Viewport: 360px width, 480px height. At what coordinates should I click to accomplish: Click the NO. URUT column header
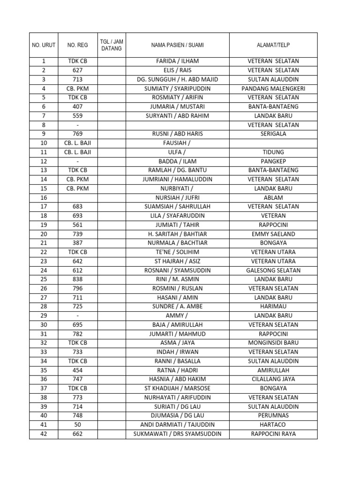pyautogui.click(x=44, y=45)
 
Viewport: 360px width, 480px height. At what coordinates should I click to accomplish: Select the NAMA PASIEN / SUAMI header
pyautogui.click(x=177, y=45)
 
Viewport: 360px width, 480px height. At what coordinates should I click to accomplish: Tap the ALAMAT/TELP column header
pyautogui.click(x=273, y=45)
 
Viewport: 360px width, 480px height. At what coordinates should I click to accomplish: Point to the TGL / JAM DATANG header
pyautogui.click(x=112, y=45)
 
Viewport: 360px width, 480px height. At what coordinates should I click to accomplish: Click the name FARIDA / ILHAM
pyautogui.click(x=177, y=61)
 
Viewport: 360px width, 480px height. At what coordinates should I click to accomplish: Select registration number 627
pyautogui.click(x=77, y=70)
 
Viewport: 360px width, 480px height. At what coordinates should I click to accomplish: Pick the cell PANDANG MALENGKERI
pyautogui.click(x=273, y=89)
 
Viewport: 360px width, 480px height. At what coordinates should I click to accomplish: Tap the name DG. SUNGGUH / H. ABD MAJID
pyautogui.click(x=177, y=79)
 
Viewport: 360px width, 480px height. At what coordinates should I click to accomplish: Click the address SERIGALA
pyautogui.click(x=273, y=134)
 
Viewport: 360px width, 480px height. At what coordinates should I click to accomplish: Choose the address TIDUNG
pyautogui.click(x=273, y=152)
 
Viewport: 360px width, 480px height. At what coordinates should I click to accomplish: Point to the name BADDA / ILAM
pyautogui.click(x=177, y=161)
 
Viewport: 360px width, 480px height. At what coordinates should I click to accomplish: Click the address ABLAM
pyautogui.click(x=273, y=197)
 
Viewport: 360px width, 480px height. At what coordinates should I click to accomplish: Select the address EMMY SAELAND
pyautogui.click(x=273, y=234)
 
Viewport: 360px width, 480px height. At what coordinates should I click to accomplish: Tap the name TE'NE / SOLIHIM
pyautogui.click(x=177, y=252)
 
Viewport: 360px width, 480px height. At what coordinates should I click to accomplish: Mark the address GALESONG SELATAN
pyautogui.click(x=273, y=270)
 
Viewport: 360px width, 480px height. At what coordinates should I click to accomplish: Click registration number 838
pyautogui.click(x=77, y=279)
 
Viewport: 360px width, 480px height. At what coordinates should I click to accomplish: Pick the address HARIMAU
pyautogui.click(x=273, y=307)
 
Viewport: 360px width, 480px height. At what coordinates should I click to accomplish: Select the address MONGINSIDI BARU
pyautogui.click(x=273, y=343)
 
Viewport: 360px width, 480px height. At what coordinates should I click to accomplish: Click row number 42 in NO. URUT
pyautogui.click(x=44, y=434)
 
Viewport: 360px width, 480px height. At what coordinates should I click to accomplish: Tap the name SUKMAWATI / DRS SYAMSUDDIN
pyautogui.click(x=177, y=434)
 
